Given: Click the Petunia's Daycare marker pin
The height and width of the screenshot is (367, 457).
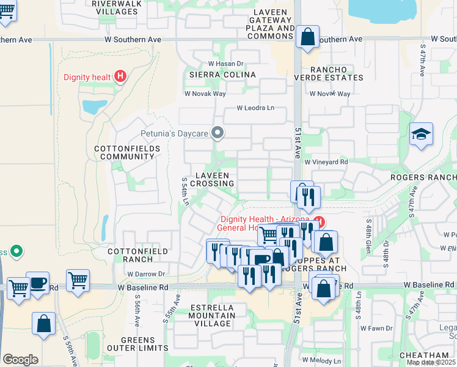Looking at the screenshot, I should click(x=217, y=132).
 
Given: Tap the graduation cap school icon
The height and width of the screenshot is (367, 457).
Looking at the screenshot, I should click(x=421, y=134).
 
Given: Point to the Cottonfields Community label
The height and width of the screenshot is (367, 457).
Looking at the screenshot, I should click(x=124, y=152).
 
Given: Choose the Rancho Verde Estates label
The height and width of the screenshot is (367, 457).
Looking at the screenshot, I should click(x=328, y=73).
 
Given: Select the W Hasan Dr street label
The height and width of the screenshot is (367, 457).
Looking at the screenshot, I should click(x=225, y=63).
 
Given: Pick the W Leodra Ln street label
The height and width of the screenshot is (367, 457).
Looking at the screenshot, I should click(x=256, y=108).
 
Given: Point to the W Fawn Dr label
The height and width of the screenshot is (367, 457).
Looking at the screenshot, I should click(x=376, y=328).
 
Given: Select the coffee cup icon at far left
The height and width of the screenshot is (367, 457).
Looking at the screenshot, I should click(x=38, y=283).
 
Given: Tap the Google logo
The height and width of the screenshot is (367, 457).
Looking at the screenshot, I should click(x=20, y=360).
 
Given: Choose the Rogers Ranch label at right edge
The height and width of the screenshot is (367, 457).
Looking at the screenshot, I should click(x=423, y=177).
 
